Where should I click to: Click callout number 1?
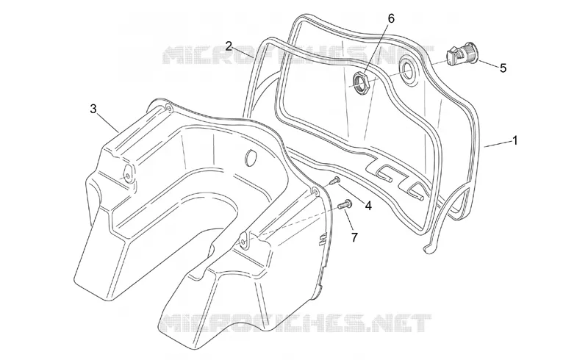click(x=515, y=140)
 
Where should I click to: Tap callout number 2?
click(x=229, y=46)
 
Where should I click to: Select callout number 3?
click(x=93, y=109)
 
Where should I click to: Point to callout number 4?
click(x=368, y=206)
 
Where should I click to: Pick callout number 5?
click(x=503, y=68)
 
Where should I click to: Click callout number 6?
click(x=391, y=18)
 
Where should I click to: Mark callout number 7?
click(x=354, y=237)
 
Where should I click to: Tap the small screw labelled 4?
click(x=334, y=181)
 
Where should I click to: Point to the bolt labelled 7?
click(x=345, y=204)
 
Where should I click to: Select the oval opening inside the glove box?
click(x=249, y=157)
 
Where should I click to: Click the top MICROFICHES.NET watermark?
click(x=298, y=55)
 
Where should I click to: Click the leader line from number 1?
click(x=498, y=144)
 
